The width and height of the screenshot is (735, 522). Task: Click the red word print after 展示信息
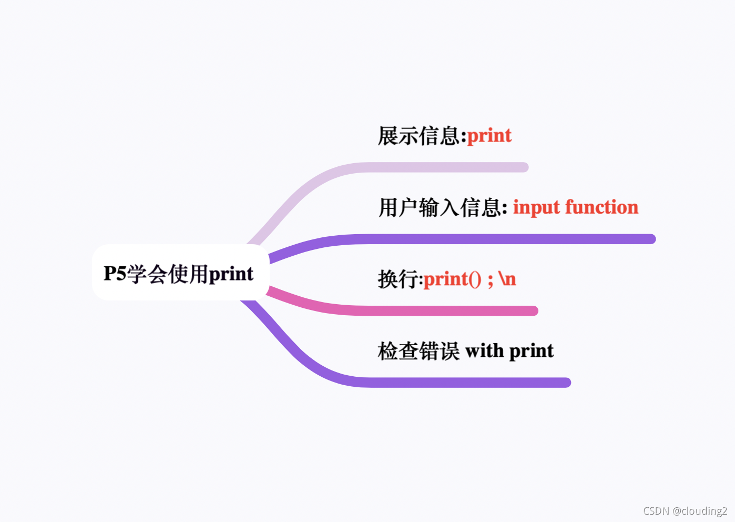point(489,136)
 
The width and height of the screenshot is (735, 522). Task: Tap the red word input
point(536,207)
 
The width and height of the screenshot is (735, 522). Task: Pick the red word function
point(602,207)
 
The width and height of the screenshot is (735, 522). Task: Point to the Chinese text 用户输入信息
point(441,207)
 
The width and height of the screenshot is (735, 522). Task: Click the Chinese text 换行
point(399,279)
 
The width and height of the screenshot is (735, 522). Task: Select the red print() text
point(452,279)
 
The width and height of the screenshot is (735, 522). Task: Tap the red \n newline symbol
point(507,279)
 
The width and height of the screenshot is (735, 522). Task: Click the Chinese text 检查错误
point(418,351)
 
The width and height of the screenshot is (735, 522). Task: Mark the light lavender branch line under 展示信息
point(447,167)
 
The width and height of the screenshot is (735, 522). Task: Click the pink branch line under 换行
point(447,310)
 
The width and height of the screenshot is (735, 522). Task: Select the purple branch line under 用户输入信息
point(499,239)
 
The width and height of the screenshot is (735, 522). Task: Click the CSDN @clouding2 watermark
point(685,511)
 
